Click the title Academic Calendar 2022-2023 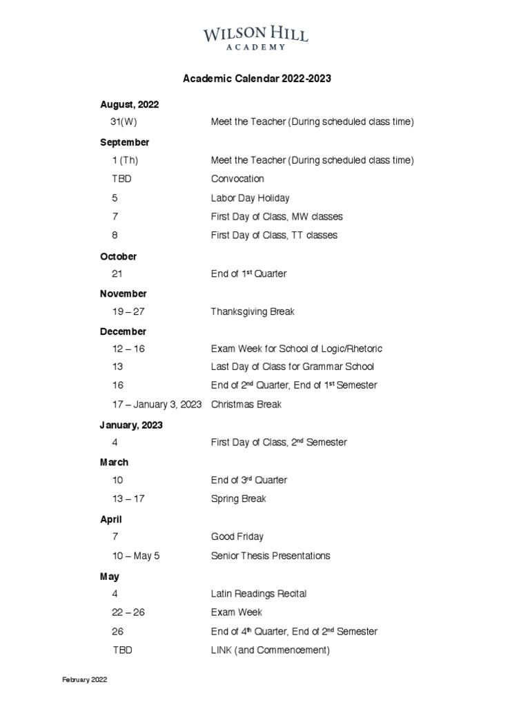pyautogui.click(x=257, y=79)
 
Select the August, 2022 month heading pyautogui.click(x=130, y=105)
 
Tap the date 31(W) pyautogui.click(x=124, y=122)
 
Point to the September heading pyautogui.click(x=125, y=142)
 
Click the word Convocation pyautogui.click(x=237, y=179)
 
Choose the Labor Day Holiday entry pyautogui.click(x=250, y=198)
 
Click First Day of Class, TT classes pyautogui.click(x=274, y=235)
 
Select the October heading pyautogui.click(x=119, y=256)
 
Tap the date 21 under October pyautogui.click(x=117, y=274)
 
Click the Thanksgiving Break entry pyautogui.click(x=253, y=312)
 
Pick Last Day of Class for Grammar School pyautogui.click(x=293, y=367)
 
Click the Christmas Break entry pyautogui.click(x=246, y=405)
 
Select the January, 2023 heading pyautogui.click(x=131, y=425)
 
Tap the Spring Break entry pyautogui.click(x=239, y=499)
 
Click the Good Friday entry pyautogui.click(x=237, y=536)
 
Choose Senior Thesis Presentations pyautogui.click(x=271, y=556)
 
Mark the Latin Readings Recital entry pyautogui.click(x=259, y=594)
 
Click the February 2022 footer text pyautogui.click(x=85, y=680)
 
